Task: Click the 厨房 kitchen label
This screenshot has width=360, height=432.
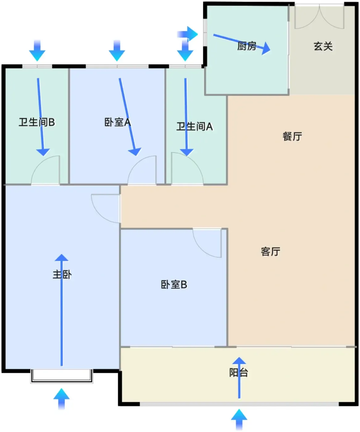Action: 247,46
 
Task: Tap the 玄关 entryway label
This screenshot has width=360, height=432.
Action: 323,46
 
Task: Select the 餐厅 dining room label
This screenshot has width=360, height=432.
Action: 292,136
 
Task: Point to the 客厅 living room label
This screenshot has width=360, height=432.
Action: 271,251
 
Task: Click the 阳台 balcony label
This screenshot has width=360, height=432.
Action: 238,373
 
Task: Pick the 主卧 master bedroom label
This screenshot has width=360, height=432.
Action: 62,274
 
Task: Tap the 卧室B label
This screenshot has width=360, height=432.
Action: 174,285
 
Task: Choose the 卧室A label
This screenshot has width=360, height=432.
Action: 118,122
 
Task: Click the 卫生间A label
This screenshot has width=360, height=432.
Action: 194,127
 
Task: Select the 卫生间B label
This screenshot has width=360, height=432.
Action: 37,122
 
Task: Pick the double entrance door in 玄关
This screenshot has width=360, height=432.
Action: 319,17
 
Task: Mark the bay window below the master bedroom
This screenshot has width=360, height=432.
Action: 62,376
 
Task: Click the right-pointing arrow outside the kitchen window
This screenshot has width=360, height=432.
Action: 188,34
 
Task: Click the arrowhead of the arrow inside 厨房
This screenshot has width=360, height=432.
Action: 266,49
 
